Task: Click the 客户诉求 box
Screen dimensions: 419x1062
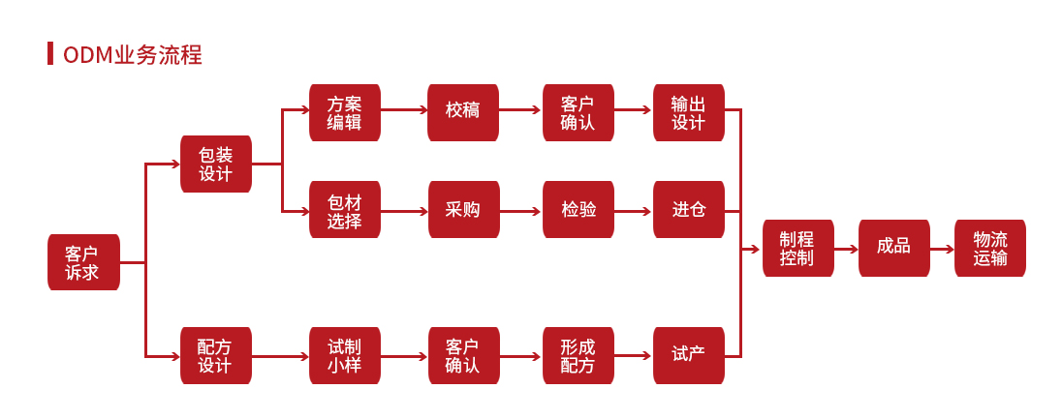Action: coord(83,262)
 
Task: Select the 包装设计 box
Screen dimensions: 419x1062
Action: coord(215,164)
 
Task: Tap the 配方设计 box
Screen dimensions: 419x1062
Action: coord(215,356)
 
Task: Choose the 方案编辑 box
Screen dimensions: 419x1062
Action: coord(344,112)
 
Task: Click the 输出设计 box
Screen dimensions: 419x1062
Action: coord(688,112)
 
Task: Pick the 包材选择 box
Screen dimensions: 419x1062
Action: coord(344,210)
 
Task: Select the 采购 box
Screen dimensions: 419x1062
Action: coord(463,210)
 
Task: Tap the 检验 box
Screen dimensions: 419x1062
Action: coord(578,210)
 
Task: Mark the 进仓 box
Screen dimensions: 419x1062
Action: coord(688,210)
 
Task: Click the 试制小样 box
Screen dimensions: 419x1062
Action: coord(344,356)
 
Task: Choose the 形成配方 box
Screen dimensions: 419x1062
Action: coord(578,356)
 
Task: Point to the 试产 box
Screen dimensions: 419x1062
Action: coord(688,356)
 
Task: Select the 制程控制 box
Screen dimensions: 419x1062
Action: coord(796,249)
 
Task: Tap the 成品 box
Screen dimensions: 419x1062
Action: coord(893,249)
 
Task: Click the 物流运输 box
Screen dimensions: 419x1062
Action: coord(989,249)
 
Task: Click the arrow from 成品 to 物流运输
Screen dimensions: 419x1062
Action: coord(942,249)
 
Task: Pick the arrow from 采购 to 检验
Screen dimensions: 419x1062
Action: coord(520,210)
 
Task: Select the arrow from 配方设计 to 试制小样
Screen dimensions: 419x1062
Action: coord(280,356)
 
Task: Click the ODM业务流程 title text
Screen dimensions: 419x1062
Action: coord(132,55)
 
